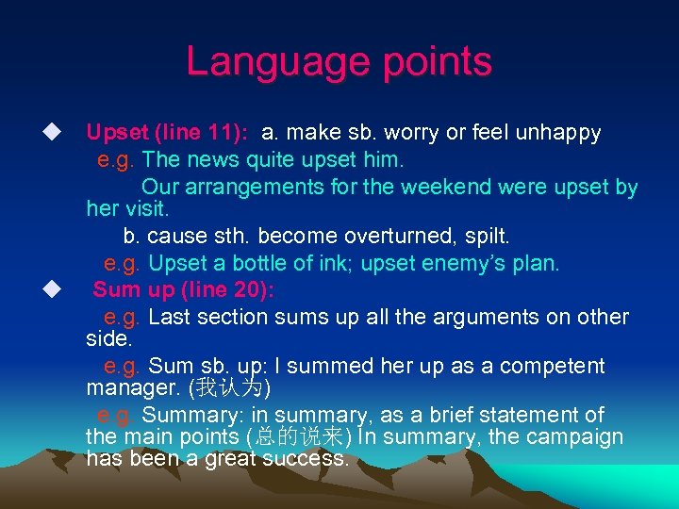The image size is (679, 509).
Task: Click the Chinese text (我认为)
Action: [232, 387]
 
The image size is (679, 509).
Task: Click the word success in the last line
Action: [308, 459]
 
